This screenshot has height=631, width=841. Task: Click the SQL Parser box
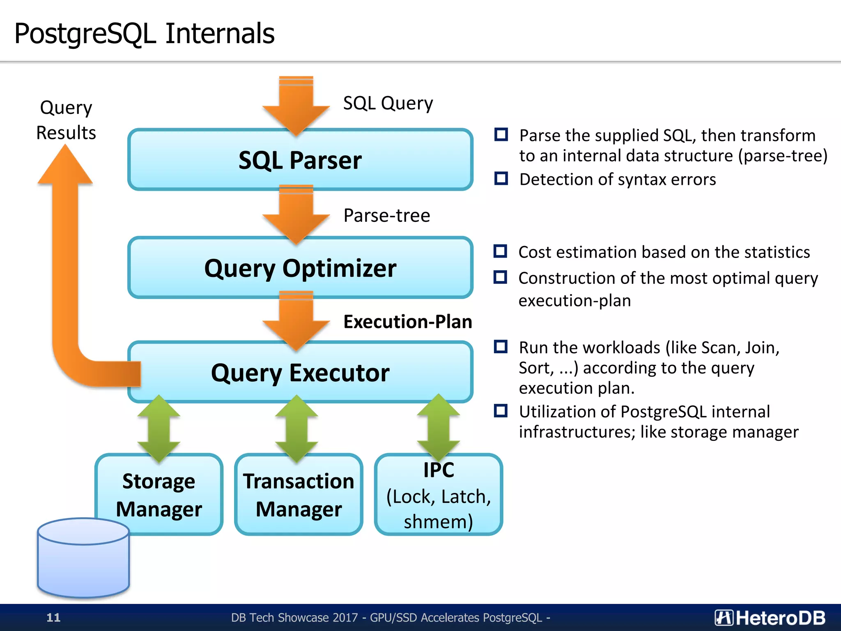(300, 160)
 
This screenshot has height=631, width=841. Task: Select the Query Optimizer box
(300, 268)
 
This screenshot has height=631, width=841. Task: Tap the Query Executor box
(300, 373)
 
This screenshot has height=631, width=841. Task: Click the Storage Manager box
(159, 495)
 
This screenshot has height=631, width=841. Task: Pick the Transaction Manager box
(299, 495)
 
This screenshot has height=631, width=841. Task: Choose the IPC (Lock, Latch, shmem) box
(438, 495)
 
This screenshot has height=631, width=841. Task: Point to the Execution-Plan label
(407, 322)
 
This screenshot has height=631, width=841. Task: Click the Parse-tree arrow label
(386, 216)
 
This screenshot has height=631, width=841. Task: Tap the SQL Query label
(388, 103)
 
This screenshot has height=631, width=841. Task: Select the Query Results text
(66, 120)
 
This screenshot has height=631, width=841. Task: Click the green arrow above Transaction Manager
(296, 429)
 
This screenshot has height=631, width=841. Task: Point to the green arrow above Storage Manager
(159, 429)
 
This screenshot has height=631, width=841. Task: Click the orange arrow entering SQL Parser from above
(296, 106)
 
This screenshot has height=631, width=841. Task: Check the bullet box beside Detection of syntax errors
(501, 179)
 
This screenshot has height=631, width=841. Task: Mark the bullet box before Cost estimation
(500, 251)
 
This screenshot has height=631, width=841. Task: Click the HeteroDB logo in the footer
(770, 617)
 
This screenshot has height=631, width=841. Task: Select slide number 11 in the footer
(53, 617)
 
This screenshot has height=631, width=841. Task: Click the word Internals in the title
(220, 34)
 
